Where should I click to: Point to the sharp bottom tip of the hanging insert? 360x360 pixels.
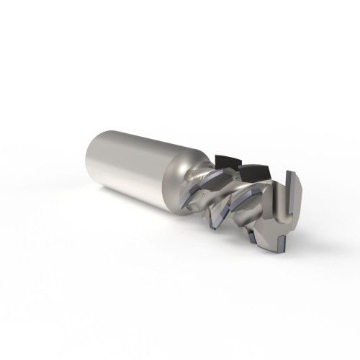[x=215, y=230]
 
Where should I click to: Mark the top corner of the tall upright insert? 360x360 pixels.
[x=287, y=171]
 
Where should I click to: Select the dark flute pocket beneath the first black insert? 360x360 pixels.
[x=216, y=176]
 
